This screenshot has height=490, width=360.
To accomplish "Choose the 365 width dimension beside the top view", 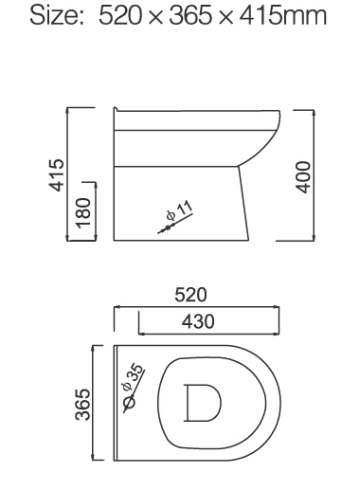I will coord(82,405).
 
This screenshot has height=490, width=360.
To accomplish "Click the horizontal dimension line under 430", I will coord(208,333).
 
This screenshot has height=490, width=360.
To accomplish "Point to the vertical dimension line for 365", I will coord(93,405).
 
